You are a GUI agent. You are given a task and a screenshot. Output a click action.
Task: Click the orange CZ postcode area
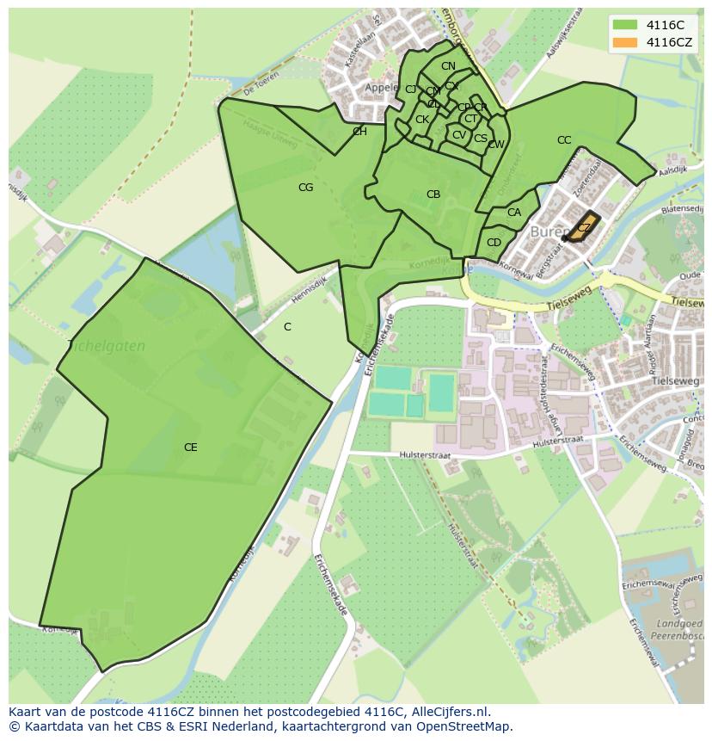tap(583, 227)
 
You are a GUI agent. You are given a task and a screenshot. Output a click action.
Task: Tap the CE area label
tap(190, 448)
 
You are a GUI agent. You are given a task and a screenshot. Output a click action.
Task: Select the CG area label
tap(305, 188)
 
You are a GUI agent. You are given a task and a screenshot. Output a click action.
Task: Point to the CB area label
tap(433, 195)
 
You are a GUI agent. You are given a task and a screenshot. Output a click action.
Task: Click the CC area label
tap(564, 140)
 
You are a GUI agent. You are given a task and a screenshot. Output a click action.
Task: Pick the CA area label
tap(514, 213)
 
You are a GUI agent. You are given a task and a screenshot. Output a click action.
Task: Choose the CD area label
tap(494, 243)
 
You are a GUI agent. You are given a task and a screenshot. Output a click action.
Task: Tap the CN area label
tap(448, 66)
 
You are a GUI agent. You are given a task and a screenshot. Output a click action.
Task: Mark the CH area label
tap(359, 132)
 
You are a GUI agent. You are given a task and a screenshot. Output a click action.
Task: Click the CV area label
tap(459, 135)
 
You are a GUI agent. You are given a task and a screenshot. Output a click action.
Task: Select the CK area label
tap(422, 120)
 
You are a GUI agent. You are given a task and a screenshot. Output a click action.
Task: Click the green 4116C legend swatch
tap(625, 25)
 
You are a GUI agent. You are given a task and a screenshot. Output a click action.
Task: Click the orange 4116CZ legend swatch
tap(625, 42)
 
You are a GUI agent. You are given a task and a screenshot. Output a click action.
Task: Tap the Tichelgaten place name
tap(106, 346)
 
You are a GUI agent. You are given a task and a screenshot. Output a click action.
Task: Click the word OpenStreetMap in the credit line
tap(464, 726)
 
